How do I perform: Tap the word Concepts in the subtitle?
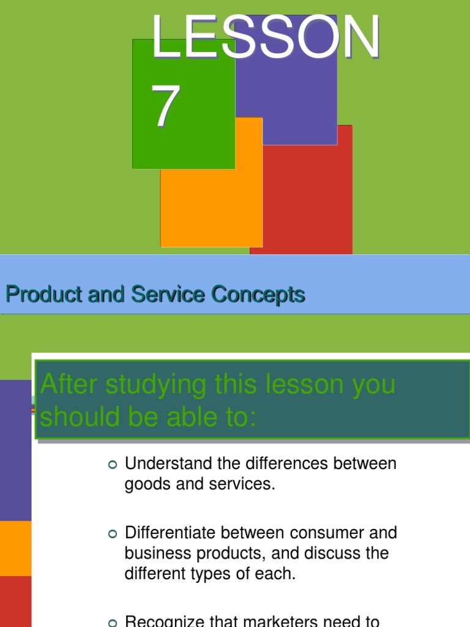click(x=258, y=295)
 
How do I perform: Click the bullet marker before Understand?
click(x=111, y=465)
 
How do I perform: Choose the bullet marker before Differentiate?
click(x=111, y=534)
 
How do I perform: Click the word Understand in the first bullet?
click(x=167, y=464)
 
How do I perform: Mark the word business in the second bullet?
click(x=152, y=554)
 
